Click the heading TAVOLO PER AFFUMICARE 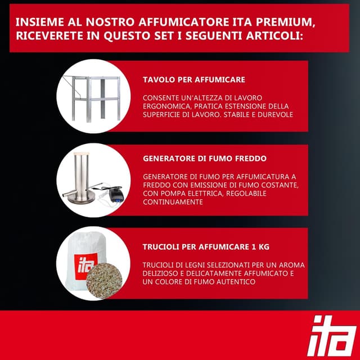pyautogui.click(x=194, y=79)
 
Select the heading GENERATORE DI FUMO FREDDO pyautogui.click(x=205, y=158)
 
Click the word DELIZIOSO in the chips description pyautogui.click(x=164, y=273)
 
